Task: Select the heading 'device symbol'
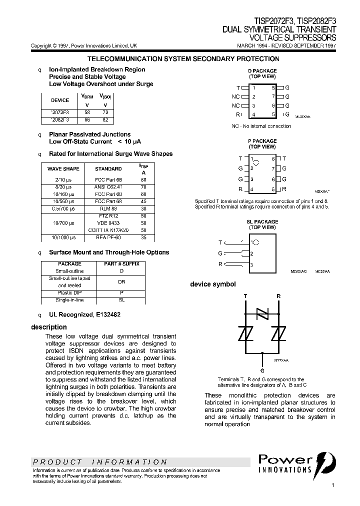click(212, 284)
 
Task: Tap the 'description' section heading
click(48, 327)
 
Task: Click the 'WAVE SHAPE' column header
click(63, 169)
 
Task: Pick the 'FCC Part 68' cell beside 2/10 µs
click(108, 179)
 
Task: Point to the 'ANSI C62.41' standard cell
click(108, 186)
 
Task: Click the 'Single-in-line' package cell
click(69, 299)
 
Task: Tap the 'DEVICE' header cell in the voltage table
click(60, 100)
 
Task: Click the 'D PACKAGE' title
click(262, 71)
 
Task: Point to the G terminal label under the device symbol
click(262, 371)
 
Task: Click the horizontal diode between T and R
click(262, 313)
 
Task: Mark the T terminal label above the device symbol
click(245, 296)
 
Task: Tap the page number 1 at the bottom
click(333, 485)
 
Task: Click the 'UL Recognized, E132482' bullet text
click(84, 314)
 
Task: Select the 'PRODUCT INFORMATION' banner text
click(99, 462)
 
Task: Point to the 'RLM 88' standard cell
click(108, 208)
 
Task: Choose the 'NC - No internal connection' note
click(261, 126)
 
